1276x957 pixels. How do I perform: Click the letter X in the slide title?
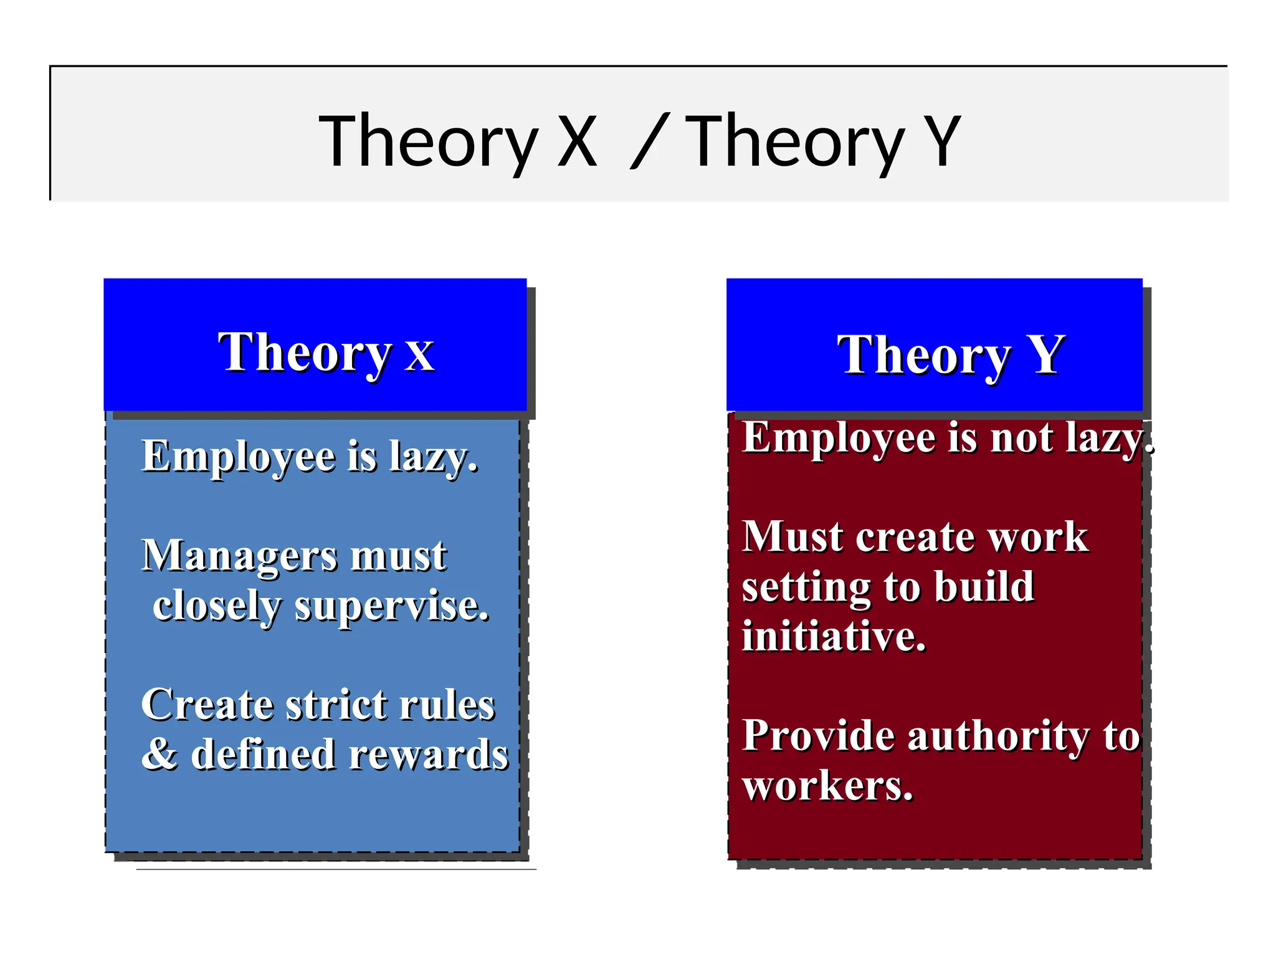point(577,142)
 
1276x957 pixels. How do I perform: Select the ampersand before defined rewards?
point(159,754)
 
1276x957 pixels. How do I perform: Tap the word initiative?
point(833,637)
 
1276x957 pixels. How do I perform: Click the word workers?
point(827,786)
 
